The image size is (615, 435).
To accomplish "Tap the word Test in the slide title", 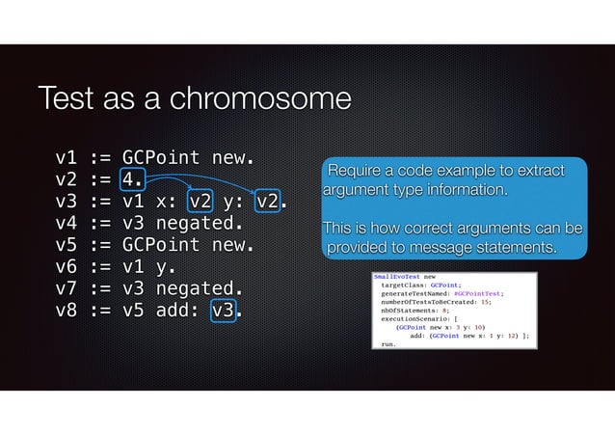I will tap(67, 100).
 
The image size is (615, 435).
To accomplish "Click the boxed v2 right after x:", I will tap(201, 202).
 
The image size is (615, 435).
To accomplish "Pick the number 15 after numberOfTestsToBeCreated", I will tap(486, 304).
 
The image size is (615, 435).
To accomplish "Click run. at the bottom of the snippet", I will tap(388, 344).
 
